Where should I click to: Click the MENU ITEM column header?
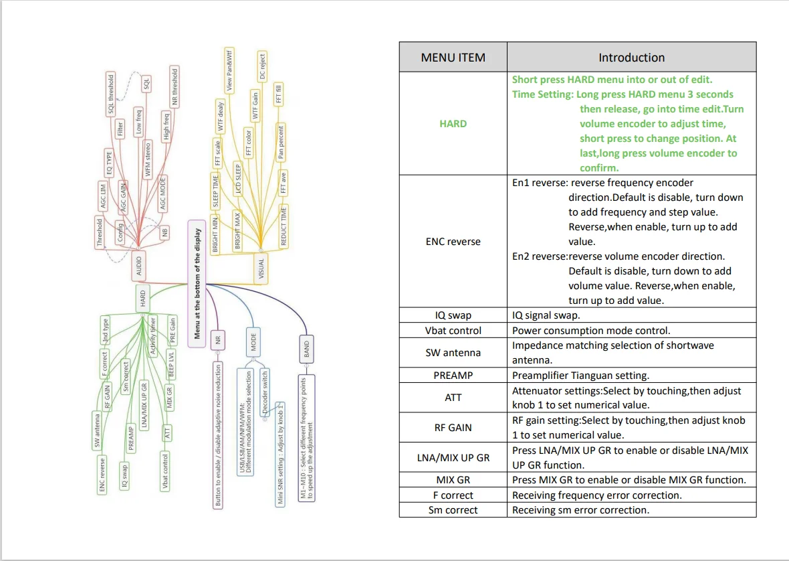click(x=453, y=58)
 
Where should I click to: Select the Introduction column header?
click(x=631, y=58)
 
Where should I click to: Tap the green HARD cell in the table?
click(x=453, y=124)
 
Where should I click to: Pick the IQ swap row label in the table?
click(x=453, y=315)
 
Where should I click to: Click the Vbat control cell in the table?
click(x=453, y=330)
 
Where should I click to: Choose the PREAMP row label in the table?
click(x=453, y=376)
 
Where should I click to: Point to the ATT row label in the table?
click(x=453, y=398)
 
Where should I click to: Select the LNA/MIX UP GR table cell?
click(x=453, y=457)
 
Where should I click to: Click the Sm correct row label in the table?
click(x=453, y=510)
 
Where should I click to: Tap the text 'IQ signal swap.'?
click(x=546, y=315)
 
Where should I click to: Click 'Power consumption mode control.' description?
click(x=591, y=330)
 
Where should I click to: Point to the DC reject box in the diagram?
click(x=262, y=67)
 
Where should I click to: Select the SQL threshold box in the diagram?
click(x=111, y=94)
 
